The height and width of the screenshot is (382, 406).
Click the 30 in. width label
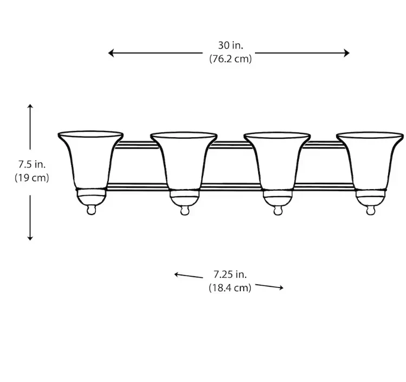click(231, 45)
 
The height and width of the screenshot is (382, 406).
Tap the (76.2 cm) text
click(231, 59)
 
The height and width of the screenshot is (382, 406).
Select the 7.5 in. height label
click(32, 164)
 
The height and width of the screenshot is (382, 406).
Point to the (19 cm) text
click(32, 178)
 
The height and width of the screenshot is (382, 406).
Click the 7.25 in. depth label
click(230, 274)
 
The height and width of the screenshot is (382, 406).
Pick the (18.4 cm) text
click(230, 287)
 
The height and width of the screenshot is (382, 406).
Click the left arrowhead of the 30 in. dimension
click(111, 53)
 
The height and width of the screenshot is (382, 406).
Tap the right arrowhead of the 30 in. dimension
click(346, 53)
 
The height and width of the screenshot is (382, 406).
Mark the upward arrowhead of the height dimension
click(30, 106)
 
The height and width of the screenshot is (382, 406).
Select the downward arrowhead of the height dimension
click(30, 238)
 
